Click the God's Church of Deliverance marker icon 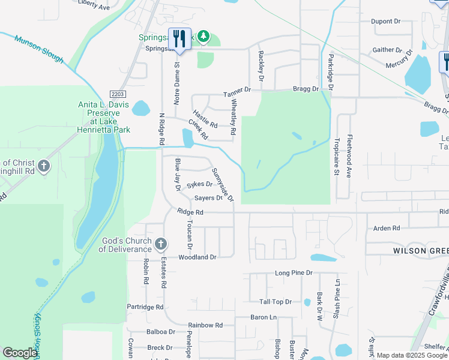pyautogui.click(x=160, y=244)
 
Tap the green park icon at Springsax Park pyautogui.click(x=203, y=37)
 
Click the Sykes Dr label pyautogui.click(x=199, y=185)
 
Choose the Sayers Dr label pyautogui.click(x=208, y=197)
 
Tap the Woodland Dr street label pyautogui.click(x=197, y=257)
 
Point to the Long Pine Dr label pyautogui.click(x=294, y=272)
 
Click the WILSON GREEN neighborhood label pyautogui.click(x=420, y=250)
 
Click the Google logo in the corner pyautogui.click(x=20, y=353)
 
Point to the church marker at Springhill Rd pyautogui.click(x=43, y=166)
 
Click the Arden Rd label pyautogui.click(x=387, y=229)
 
